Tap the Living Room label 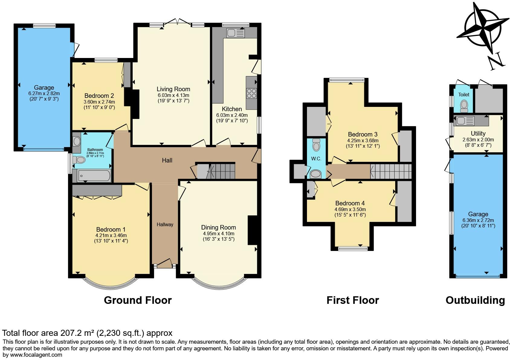click(x=173, y=89)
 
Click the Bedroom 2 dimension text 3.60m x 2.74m click(x=99, y=102)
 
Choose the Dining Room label click(x=218, y=227)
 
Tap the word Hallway click(x=165, y=225)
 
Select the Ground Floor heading click(x=138, y=301)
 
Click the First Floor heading click(x=353, y=301)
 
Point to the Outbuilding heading click(x=475, y=301)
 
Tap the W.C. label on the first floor click(x=316, y=159)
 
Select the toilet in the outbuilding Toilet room click(x=464, y=106)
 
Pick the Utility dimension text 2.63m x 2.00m click(x=478, y=140)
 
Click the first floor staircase click(x=391, y=171)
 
